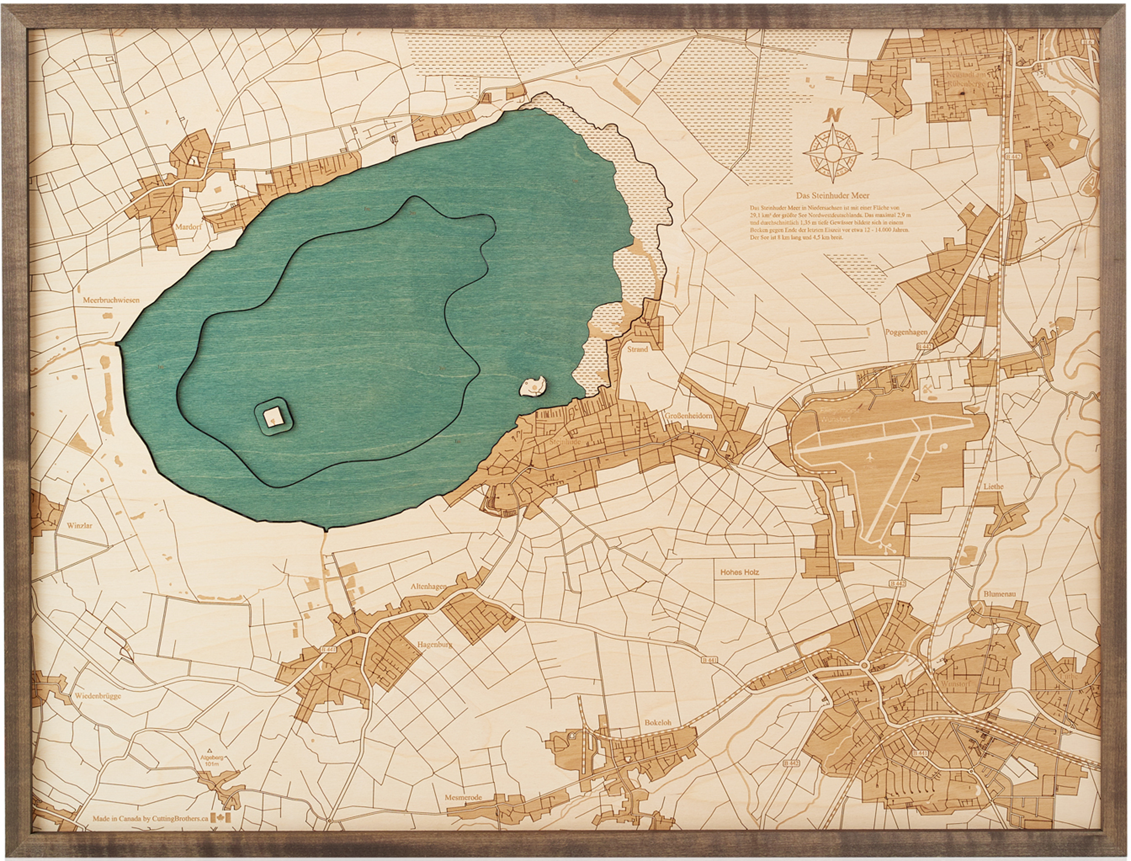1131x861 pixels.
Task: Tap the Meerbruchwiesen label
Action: pyautogui.click(x=111, y=300)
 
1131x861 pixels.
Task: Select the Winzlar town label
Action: pyautogui.click(x=79, y=525)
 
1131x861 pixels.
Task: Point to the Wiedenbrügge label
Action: pyautogui.click(x=98, y=696)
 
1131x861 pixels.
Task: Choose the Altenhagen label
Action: pyautogui.click(x=428, y=586)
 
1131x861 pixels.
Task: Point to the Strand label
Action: pyautogui.click(x=638, y=349)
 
